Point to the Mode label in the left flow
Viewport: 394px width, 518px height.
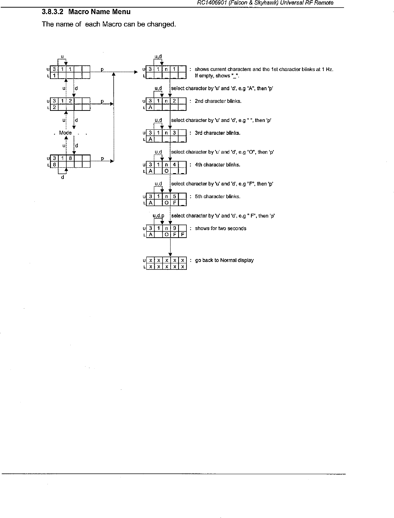65,133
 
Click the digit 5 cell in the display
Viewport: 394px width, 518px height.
174,197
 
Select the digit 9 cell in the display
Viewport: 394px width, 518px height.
174,229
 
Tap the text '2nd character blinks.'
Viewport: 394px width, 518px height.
218,101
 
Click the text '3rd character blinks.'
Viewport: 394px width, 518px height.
218,133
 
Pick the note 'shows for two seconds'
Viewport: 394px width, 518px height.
221,229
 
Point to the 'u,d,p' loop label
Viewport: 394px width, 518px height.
159,216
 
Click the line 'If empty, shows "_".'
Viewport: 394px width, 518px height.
213,76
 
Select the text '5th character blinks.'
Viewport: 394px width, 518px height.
218,197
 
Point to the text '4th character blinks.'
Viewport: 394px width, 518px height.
218,165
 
